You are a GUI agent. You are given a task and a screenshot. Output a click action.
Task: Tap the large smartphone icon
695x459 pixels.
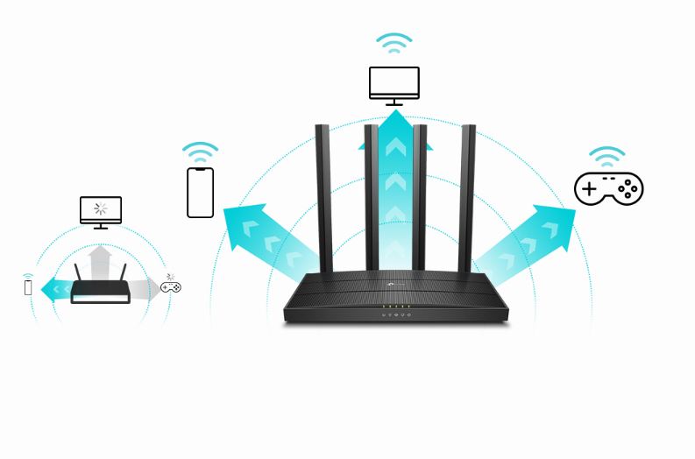(x=200, y=192)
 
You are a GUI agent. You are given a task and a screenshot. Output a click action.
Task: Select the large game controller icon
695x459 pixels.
(x=608, y=188)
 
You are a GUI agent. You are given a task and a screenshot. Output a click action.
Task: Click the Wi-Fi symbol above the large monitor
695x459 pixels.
(x=394, y=43)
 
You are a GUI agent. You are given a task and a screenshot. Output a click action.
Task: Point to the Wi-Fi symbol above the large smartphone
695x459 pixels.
(x=200, y=152)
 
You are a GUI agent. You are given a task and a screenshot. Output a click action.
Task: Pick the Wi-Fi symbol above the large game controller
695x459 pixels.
(x=606, y=157)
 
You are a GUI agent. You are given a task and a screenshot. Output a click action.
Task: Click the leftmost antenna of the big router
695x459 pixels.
(x=321, y=197)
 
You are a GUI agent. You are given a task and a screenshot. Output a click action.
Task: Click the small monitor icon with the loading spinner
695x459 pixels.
(x=101, y=210)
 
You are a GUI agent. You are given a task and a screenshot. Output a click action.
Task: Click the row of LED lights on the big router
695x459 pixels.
(x=395, y=313)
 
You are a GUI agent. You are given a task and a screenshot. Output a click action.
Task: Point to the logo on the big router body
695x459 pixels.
(x=389, y=283)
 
